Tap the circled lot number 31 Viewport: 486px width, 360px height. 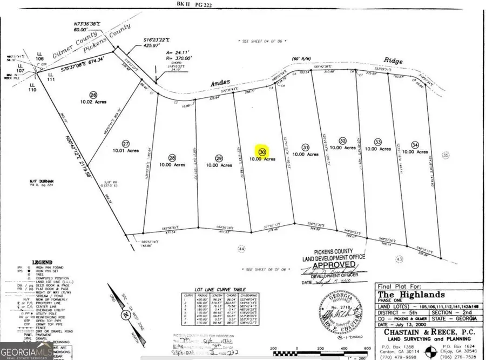tap(306, 147)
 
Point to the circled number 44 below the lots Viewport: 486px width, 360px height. tap(241, 248)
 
